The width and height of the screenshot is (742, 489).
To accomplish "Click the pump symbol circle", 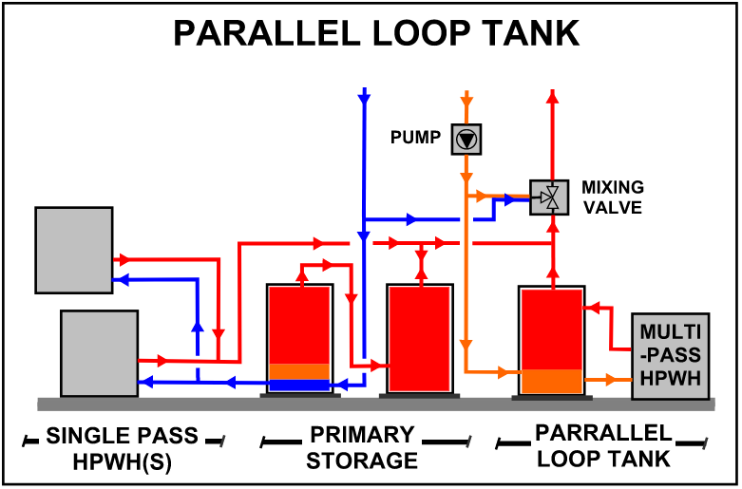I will coord(466,139).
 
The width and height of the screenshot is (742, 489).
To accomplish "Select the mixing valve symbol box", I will coord(549,198).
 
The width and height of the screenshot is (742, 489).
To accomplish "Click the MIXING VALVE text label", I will coord(613,197).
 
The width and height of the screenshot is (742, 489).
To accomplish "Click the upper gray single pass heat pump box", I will coord(73,249).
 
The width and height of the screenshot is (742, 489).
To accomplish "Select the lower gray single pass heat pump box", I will coord(99,352).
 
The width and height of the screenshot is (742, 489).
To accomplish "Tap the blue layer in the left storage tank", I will coord(299,386).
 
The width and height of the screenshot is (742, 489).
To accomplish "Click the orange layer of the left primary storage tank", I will coord(299,371).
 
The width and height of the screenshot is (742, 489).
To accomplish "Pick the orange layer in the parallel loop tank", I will coord(551,381).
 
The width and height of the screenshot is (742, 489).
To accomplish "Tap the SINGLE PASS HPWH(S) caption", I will coord(122,448).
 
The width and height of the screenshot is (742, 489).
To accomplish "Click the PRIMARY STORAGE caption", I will coord(362,448).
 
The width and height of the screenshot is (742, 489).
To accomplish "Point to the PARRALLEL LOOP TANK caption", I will coord(602,445).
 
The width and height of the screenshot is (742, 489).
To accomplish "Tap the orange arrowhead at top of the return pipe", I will coord(466,99).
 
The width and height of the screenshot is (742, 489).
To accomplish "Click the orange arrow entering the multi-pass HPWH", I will coord(601,380).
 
